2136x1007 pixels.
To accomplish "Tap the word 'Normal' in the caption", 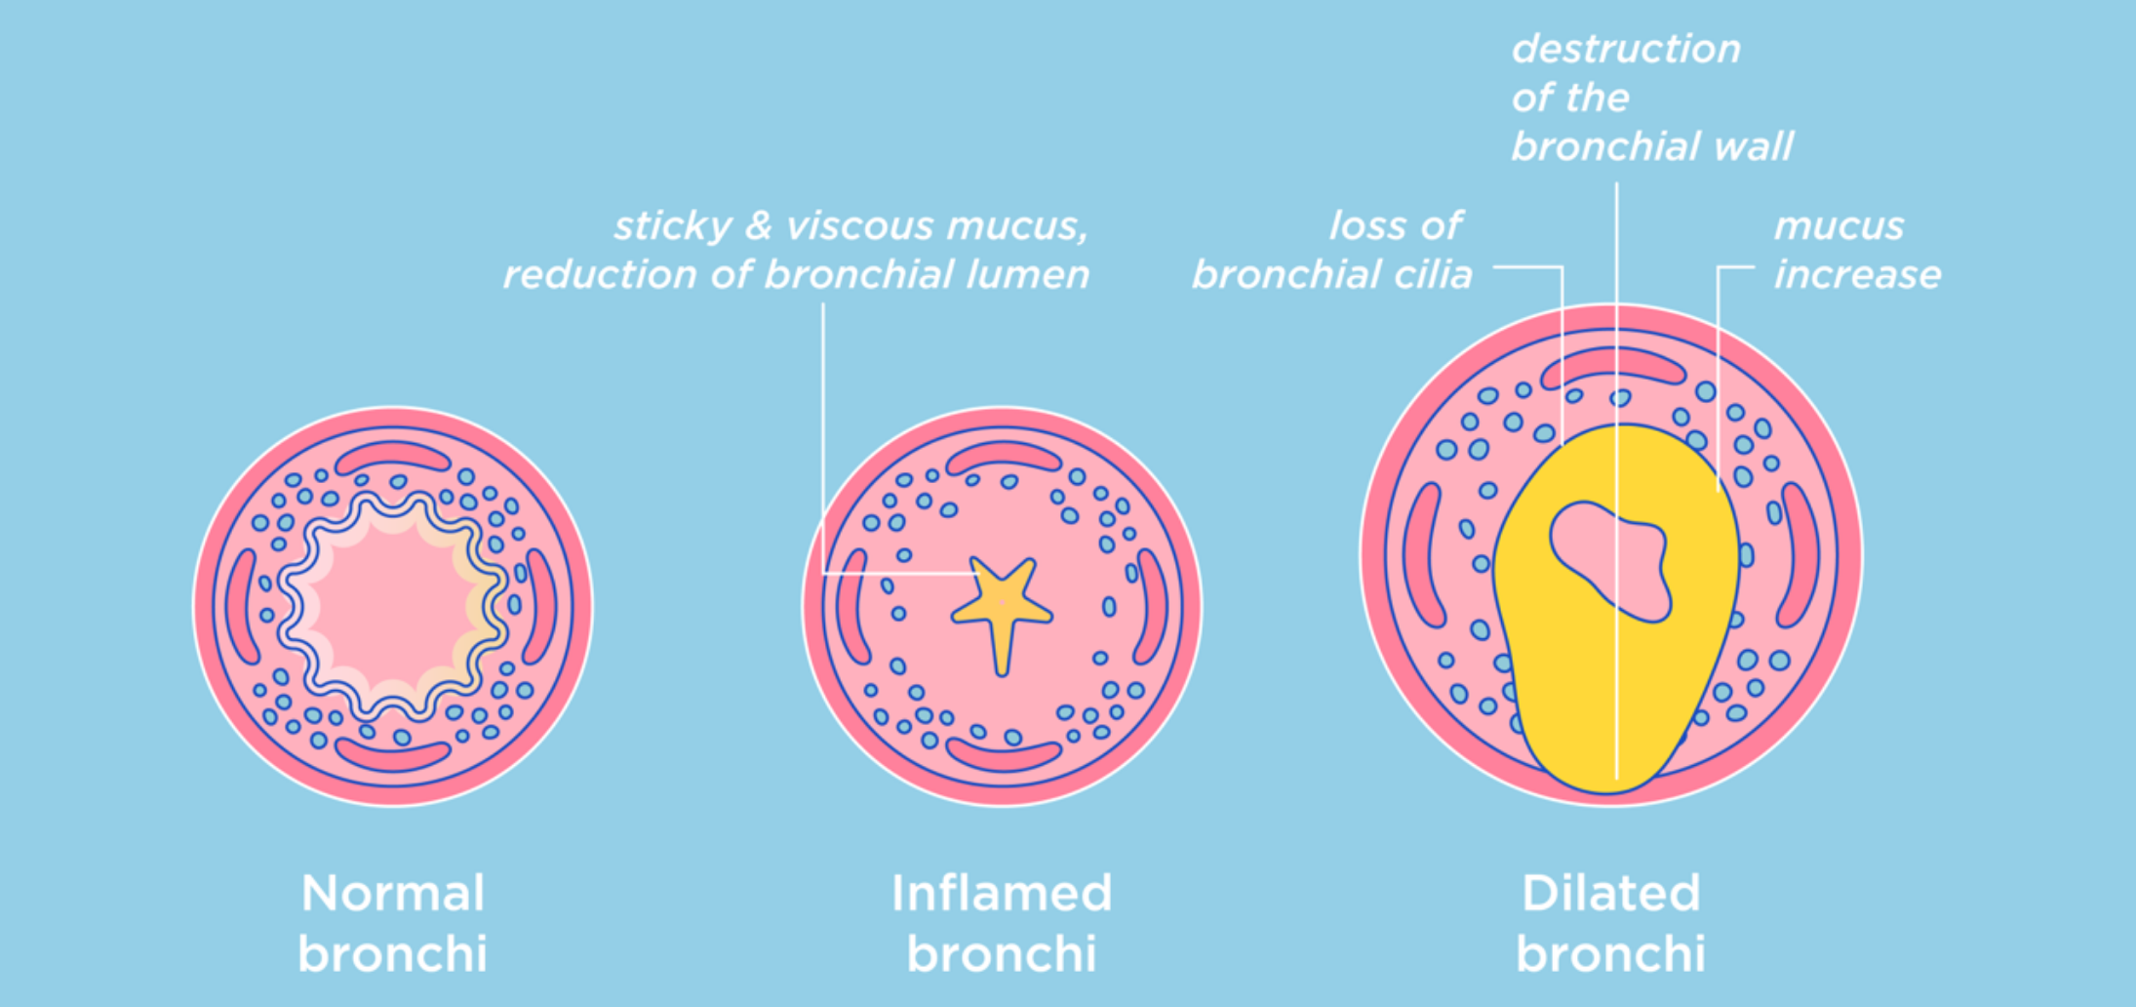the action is pyautogui.click(x=393, y=894).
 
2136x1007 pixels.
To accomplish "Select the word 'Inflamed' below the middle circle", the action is pyautogui.click(x=1002, y=894).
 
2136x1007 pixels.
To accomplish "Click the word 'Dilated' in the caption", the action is pyautogui.click(x=1611, y=894).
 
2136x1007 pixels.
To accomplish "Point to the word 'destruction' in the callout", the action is pyautogui.click(x=1626, y=49).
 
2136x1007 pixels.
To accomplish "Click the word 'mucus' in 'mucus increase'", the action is pyautogui.click(x=1839, y=226).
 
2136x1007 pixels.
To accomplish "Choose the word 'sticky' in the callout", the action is pyautogui.click(x=672, y=226).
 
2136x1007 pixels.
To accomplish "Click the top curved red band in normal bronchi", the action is pyautogui.click(x=392, y=456).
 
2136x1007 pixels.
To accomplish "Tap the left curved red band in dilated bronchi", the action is pyautogui.click(x=1423, y=554).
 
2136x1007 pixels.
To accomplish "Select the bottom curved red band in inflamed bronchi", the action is pyautogui.click(x=1003, y=753).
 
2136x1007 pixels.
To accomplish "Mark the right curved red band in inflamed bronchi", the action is pyautogui.click(x=1153, y=605).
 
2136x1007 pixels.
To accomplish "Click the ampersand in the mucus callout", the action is pyautogui.click(x=759, y=226).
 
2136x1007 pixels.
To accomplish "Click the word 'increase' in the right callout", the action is pyautogui.click(x=1857, y=275).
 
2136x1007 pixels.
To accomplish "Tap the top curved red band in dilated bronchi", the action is pyautogui.click(x=1612, y=364).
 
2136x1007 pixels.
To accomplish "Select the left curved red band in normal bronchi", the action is pyautogui.click(x=241, y=606).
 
